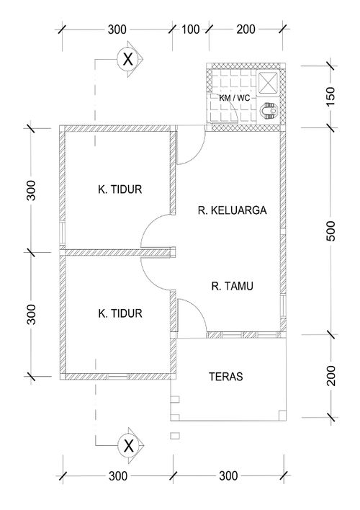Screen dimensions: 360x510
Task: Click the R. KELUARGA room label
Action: [x=232, y=210]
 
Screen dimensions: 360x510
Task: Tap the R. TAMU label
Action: [x=232, y=286]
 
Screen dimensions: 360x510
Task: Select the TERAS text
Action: [x=225, y=377]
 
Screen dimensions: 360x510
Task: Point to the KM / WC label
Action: [x=235, y=97]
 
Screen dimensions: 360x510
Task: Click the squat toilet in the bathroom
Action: [x=269, y=111]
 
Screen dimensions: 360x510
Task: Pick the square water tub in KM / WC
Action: [x=268, y=84]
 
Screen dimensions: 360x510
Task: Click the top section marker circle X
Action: [x=128, y=60]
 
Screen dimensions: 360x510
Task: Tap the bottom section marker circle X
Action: [x=129, y=445]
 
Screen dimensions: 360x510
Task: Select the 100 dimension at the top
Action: [x=190, y=30]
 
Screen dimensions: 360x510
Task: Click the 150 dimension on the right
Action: [x=330, y=97]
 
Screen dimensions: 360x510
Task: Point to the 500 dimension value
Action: [x=330, y=231]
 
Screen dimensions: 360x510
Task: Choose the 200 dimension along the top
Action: [x=246, y=30]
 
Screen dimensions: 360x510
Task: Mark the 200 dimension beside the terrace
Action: [x=331, y=376]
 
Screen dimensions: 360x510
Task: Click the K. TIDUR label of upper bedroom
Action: [x=120, y=189]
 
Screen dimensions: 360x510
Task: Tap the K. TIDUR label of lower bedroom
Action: [x=120, y=313]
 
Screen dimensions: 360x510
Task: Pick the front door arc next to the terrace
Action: [x=197, y=308]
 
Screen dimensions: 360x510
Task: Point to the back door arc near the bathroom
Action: [x=197, y=155]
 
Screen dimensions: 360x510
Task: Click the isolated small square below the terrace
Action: [x=175, y=436]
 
